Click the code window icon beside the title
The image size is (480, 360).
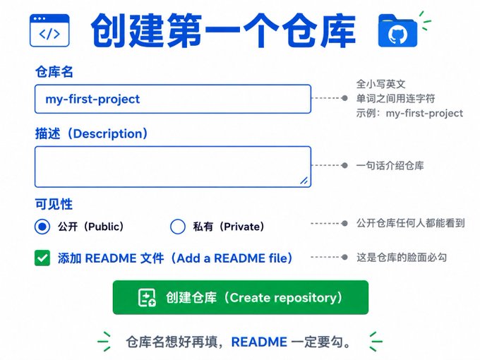[49, 30]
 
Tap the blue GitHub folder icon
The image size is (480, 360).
[397, 30]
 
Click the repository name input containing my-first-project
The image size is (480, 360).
[173, 99]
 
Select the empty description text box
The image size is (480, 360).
[173, 167]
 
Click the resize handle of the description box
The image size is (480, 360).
[304, 181]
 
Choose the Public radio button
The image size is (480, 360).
[42, 227]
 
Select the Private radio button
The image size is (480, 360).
[178, 227]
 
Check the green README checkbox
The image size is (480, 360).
[42, 258]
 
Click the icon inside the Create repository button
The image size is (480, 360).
[147, 298]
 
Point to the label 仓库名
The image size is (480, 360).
[54, 72]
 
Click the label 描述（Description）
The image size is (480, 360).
[92, 134]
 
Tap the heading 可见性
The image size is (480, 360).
[54, 204]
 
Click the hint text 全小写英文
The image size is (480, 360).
[380, 84]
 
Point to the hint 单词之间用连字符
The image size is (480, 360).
[395, 99]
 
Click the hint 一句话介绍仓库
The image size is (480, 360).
[390, 166]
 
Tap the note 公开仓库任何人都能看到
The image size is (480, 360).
[411, 223]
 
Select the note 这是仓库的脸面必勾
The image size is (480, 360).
[402, 257]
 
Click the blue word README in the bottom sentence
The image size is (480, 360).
[259, 342]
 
